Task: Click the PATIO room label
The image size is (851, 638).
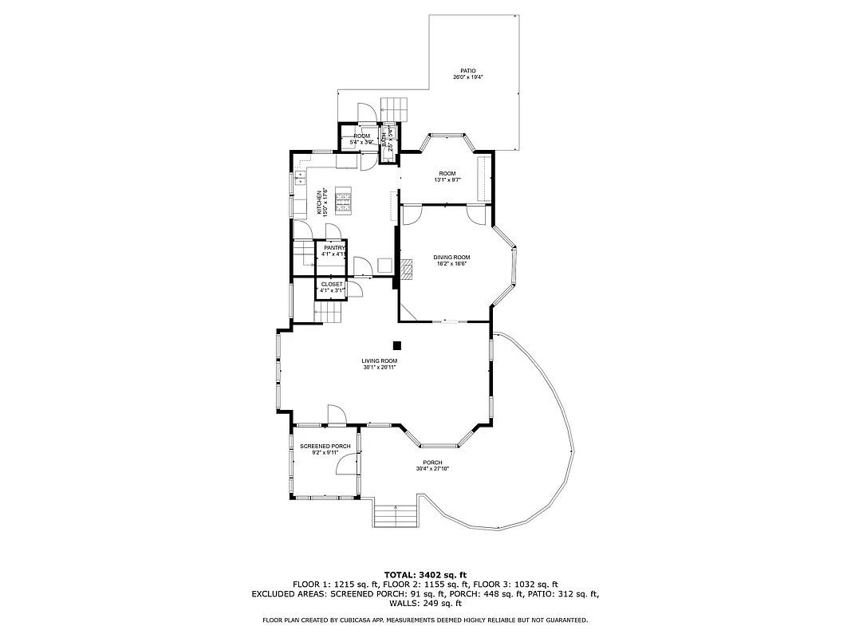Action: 468,70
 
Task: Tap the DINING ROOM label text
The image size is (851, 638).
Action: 451,258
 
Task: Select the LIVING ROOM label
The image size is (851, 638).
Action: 379,361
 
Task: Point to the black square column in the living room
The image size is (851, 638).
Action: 396,345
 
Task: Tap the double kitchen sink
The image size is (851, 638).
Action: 300,177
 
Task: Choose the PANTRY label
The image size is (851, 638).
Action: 334,248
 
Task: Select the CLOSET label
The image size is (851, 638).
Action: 332,284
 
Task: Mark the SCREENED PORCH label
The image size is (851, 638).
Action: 325,447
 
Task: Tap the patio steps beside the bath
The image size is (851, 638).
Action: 393,108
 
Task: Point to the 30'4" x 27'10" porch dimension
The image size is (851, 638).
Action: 432,469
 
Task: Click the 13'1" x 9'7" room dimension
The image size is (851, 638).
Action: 447,180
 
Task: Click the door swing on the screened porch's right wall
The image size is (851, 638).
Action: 349,463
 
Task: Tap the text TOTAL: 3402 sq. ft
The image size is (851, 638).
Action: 425,574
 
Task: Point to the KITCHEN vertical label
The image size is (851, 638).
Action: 320,203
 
